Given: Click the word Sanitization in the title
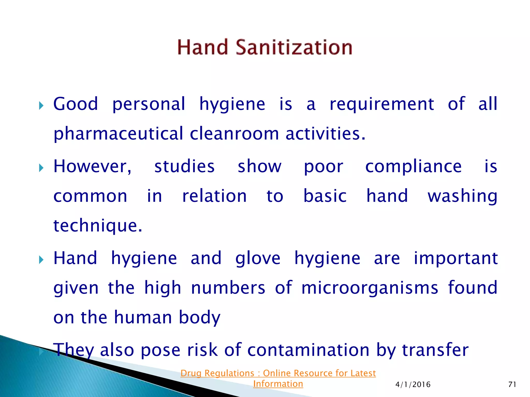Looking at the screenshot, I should [294, 48].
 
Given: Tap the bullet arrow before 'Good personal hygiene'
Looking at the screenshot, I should [41, 105].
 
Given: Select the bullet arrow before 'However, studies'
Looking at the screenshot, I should [41, 168].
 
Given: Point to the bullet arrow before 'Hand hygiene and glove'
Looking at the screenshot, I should [41, 260].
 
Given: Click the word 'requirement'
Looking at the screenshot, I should [382, 104].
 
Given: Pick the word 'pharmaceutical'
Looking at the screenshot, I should [118, 134].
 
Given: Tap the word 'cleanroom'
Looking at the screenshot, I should [234, 134].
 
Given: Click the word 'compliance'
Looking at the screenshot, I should [413, 166].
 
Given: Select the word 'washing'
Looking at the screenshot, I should [462, 196].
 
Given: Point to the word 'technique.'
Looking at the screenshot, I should [98, 226].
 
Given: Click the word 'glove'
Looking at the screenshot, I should [258, 258].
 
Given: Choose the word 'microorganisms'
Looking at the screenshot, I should [370, 288].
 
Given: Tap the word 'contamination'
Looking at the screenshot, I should [308, 350].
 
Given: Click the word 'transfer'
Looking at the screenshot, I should [435, 350].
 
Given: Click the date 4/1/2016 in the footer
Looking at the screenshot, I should [413, 385].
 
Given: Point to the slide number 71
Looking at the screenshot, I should [512, 385].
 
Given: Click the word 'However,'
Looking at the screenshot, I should [92, 166].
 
